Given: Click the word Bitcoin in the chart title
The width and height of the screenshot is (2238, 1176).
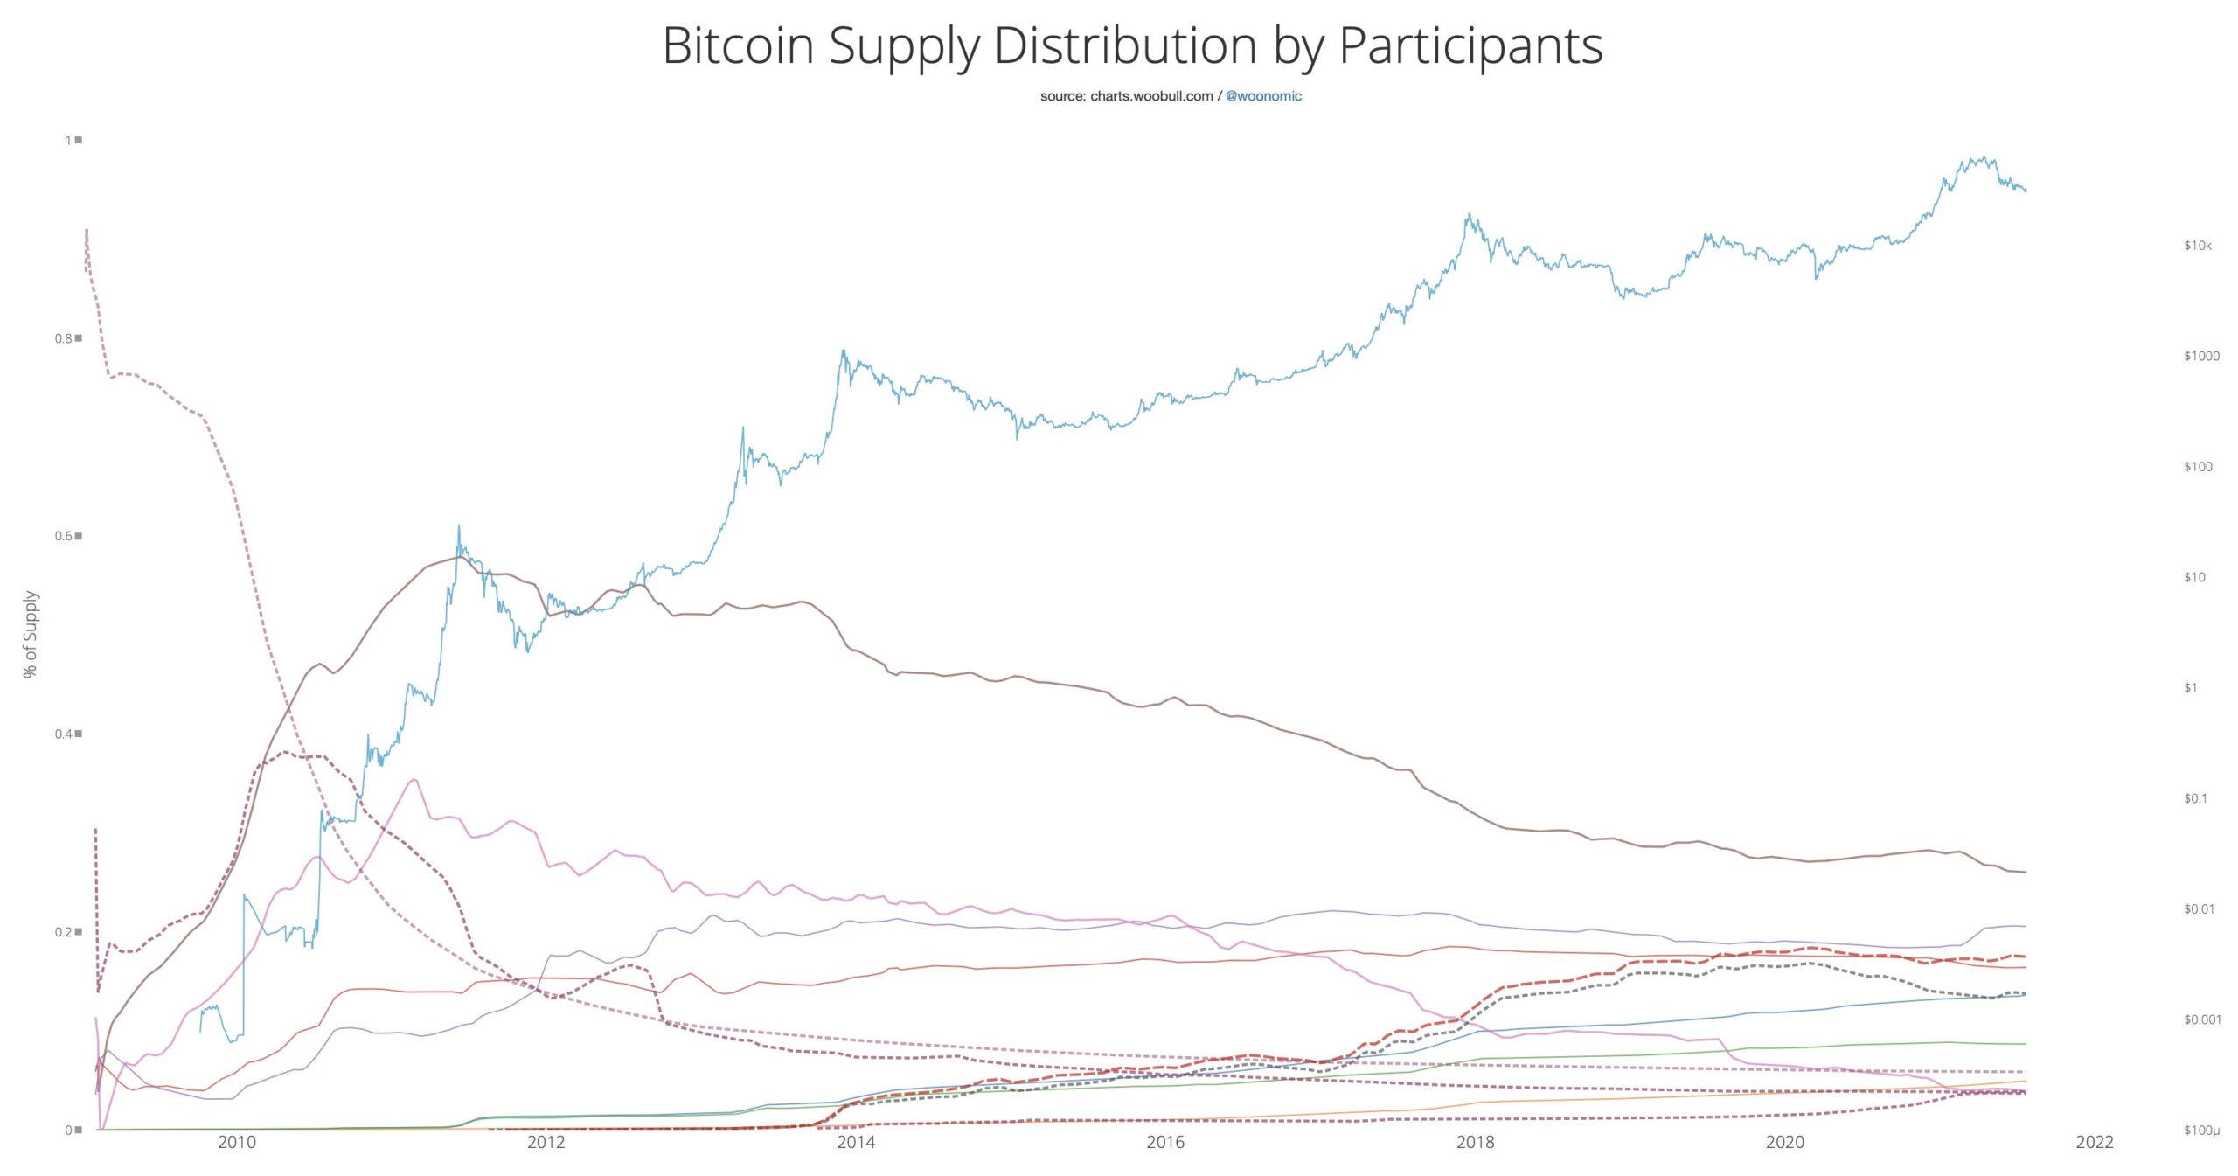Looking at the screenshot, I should click(x=738, y=45).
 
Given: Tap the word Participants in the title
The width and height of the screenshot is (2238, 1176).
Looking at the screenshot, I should click(x=1470, y=47).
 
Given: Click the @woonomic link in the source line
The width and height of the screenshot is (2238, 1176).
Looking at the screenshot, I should click(x=1263, y=96).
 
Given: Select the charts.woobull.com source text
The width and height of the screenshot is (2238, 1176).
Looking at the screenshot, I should click(x=1151, y=96).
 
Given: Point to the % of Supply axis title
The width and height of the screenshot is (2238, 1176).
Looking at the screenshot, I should click(x=31, y=634).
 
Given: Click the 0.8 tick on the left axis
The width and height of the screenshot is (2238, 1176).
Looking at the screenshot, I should click(x=64, y=338).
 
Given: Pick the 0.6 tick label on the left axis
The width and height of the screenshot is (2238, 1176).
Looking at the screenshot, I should click(x=64, y=536).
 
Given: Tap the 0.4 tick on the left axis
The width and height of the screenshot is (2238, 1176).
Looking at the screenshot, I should click(x=64, y=734).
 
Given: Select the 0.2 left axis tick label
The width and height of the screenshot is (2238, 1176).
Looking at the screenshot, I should click(x=64, y=931).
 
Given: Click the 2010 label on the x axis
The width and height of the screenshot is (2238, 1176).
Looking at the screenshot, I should click(x=237, y=1142).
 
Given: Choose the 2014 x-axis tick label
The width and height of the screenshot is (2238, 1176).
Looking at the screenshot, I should click(x=856, y=1142).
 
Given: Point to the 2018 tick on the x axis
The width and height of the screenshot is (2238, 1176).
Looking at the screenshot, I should click(x=1475, y=1142).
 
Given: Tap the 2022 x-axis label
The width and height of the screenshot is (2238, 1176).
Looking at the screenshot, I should click(x=2095, y=1142).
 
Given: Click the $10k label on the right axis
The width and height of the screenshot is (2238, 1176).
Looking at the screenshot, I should click(x=2197, y=246).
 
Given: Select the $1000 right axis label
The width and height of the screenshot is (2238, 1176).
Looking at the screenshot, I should click(x=2200, y=356).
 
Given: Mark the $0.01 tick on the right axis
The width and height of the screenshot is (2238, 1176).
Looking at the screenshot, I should click(x=2199, y=909).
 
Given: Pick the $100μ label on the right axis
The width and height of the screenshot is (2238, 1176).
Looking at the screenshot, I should click(x=2200, y=1131).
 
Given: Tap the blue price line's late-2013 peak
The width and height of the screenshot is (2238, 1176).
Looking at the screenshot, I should click(x=843, y=351).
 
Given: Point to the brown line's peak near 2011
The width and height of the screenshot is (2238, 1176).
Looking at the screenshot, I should click(x=458, y=557).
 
